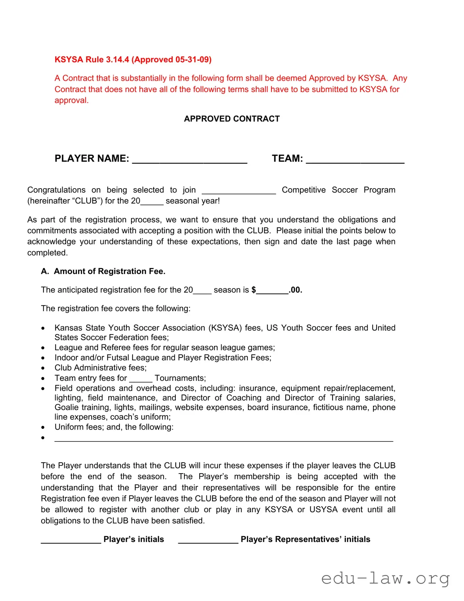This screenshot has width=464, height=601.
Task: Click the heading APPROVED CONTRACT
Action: (232, 119)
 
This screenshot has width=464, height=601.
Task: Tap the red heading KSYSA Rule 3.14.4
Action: (133, 60)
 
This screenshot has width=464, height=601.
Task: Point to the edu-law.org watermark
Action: (385, 579)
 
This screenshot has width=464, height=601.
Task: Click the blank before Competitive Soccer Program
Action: (238, 191)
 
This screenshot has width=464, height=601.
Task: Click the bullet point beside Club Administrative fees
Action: (43, 368)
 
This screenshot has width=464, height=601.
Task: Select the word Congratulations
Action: (56, 190)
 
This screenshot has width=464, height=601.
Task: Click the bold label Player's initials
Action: (134, 539)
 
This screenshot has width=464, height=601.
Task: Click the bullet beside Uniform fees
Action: (43, 427)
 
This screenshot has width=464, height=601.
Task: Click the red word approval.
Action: (71, 101)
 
